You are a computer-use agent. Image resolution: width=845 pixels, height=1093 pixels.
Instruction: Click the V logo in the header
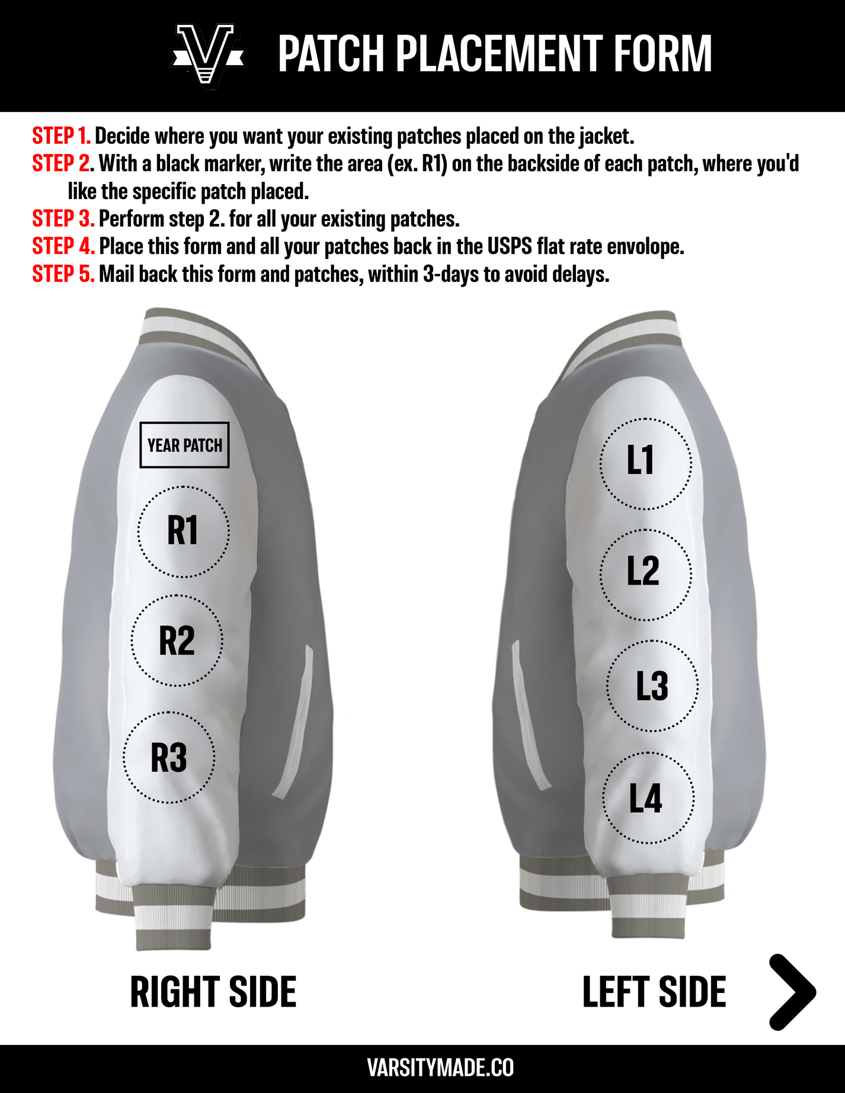[208, 56]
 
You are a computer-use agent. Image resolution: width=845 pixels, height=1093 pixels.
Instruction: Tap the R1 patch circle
[184, 531]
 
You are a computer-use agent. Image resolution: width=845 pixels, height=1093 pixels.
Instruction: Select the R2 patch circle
[177, 641]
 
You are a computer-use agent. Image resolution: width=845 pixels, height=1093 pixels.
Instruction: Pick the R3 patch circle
[169, 758]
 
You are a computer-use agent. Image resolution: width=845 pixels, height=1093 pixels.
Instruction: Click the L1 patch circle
[645, 463]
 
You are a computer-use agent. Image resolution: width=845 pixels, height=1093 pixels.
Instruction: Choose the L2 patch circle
[645, 574]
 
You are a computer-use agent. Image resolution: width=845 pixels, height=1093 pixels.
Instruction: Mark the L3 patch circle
[652, 686]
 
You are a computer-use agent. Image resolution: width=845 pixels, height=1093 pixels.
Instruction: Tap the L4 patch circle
[648, 798]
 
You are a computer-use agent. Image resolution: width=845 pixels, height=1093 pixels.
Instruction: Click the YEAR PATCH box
[184, 445]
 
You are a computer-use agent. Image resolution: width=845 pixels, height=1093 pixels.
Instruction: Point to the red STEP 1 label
[61, 136]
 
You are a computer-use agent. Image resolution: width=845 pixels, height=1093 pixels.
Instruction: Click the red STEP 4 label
[63, 246]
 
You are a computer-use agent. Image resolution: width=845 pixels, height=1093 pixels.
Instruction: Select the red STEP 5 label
[63, 274]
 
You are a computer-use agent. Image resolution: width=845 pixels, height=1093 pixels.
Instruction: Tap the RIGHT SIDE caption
[213, 992]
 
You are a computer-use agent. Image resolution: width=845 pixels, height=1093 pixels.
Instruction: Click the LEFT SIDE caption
[654, 992]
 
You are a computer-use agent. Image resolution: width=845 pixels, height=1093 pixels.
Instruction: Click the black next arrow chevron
[793, 992]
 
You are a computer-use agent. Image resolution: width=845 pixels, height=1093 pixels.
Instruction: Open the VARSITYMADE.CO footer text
[440, 1068]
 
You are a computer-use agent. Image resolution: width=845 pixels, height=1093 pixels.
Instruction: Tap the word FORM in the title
[662, 54]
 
